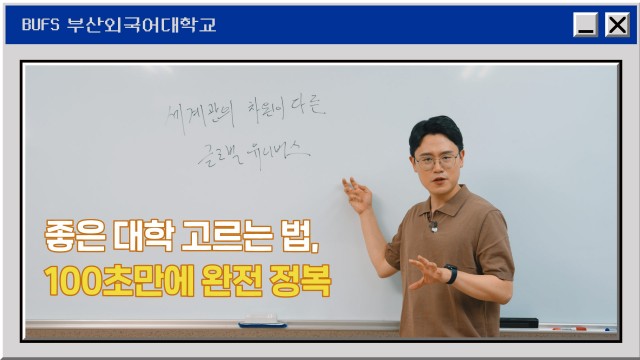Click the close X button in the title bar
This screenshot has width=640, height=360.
[616, 26]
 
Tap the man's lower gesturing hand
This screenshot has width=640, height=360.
[425, 271]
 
